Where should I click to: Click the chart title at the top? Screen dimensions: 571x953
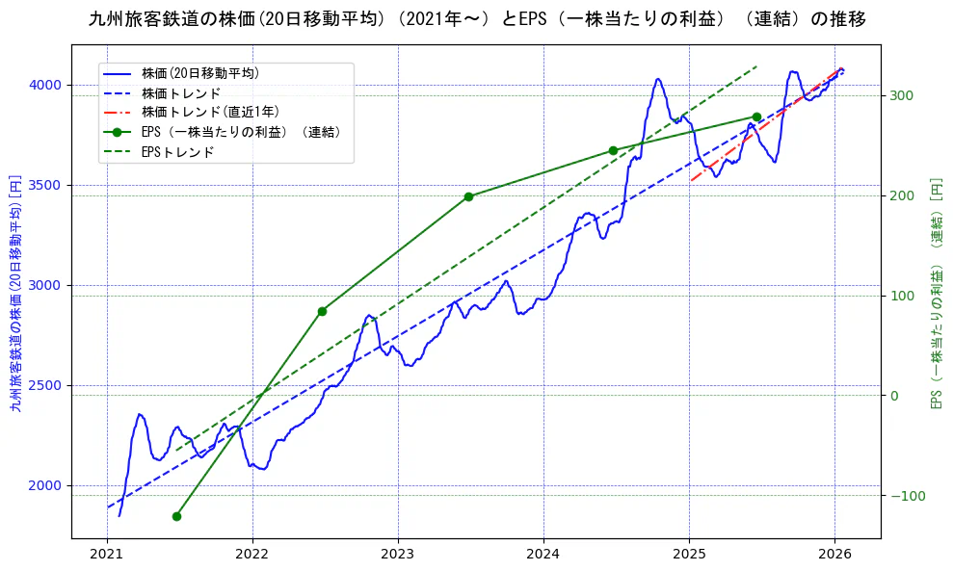476,19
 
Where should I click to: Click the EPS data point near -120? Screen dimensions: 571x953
176,516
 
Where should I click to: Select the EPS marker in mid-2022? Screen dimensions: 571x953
322,311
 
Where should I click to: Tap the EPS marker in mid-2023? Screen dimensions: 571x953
468,196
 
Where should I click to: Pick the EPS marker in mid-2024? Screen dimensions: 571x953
613,150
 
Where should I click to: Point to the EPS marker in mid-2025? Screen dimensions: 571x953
756,117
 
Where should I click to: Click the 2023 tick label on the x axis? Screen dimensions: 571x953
397,554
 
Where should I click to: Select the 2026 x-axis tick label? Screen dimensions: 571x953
834,554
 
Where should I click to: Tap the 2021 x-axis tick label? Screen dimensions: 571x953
107,554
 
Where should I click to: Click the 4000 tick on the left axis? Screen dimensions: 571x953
44,85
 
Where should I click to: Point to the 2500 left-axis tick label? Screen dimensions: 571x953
44,385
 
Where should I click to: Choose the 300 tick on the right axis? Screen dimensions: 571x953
900,95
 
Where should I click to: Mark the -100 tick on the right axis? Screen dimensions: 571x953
903,496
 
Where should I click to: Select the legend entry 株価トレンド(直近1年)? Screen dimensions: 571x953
208,112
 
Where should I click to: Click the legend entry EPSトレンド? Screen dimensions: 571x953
177,151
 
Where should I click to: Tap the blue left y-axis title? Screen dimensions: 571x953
14,293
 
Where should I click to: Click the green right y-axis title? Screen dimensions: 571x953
936,293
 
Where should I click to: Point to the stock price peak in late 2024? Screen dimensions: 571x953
658,79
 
